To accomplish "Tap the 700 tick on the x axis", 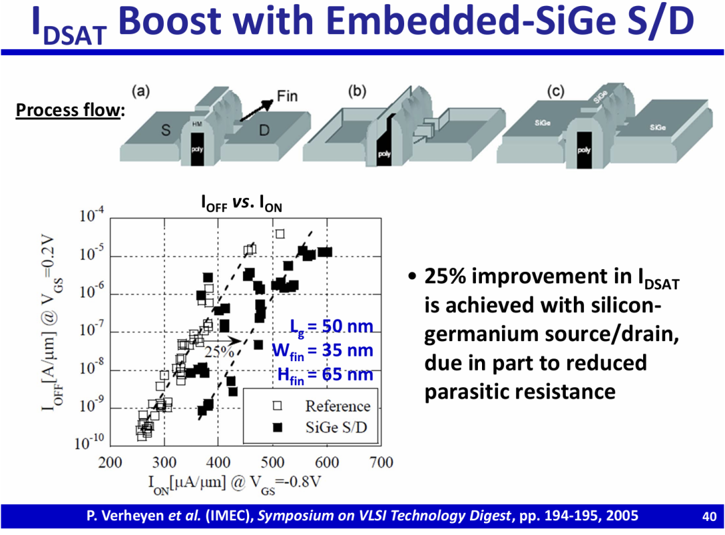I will [x=381, y=463].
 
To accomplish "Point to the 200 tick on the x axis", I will [x=110, y=463].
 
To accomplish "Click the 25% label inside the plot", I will [x=219, y=351].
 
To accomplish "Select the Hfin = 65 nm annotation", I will [x=325, y=375].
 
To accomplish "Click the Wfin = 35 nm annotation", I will [x=322, y=350].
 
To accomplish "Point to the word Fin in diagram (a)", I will [x=287, y=96].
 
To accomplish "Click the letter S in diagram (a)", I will [x=164, y=130].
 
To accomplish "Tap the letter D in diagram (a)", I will [x=264, y=130].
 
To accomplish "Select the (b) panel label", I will [x=357, y=92].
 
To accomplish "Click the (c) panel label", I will [x=555, y=92].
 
